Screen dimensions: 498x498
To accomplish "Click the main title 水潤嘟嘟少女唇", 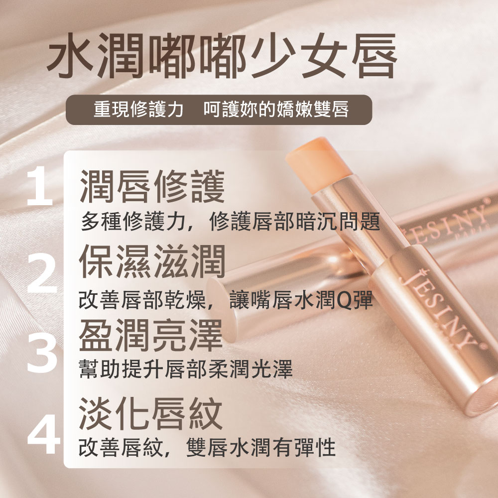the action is point(222,56).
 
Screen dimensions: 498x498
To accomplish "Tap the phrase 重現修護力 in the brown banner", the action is point(138,110).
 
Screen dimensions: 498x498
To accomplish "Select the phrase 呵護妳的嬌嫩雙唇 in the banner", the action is point(276,110).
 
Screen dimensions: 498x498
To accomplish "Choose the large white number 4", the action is point(43,434).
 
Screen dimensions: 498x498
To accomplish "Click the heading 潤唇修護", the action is point(152,186).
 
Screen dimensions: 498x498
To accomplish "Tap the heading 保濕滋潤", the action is point(152,261).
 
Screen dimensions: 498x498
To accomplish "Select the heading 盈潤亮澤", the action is point(151,335).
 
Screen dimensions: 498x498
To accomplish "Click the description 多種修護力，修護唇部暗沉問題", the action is point(231,222).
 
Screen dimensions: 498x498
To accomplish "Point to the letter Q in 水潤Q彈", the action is point(343,301).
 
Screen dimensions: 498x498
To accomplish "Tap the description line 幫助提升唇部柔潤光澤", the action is point(186,369).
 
